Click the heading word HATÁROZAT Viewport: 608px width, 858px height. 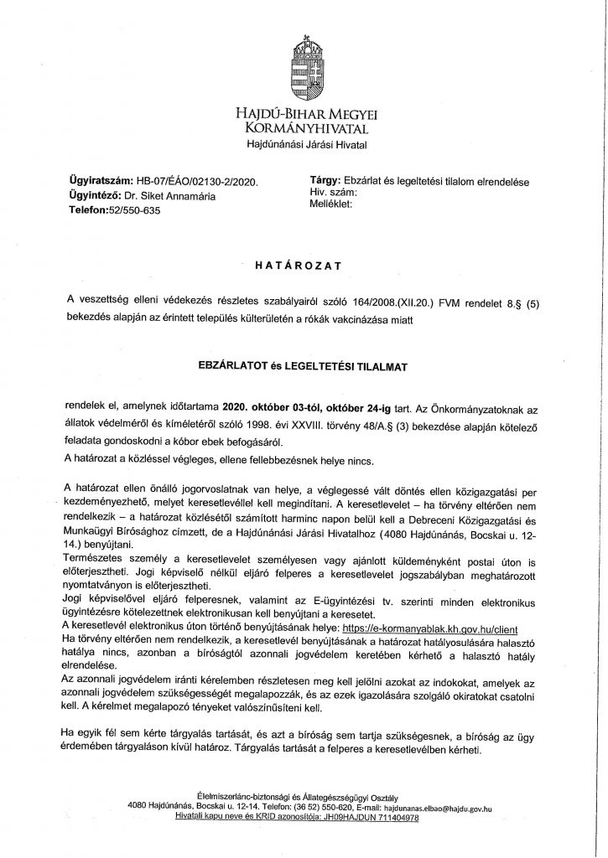(x=304, y=266)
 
